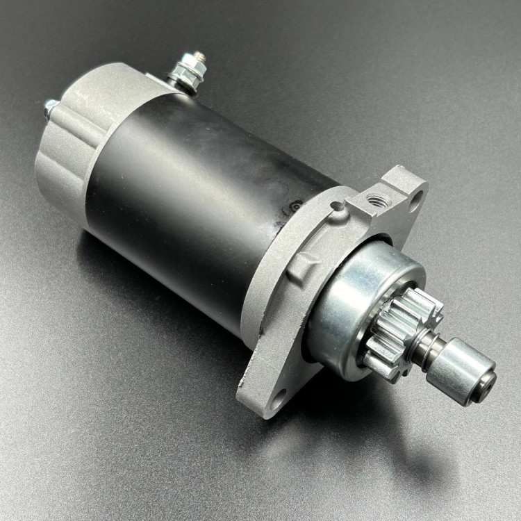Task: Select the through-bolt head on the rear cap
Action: click(x=50, y=106)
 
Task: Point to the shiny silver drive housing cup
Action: click(x=347, y=306)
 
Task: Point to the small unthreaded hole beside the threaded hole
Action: click(x=338, y=207)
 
